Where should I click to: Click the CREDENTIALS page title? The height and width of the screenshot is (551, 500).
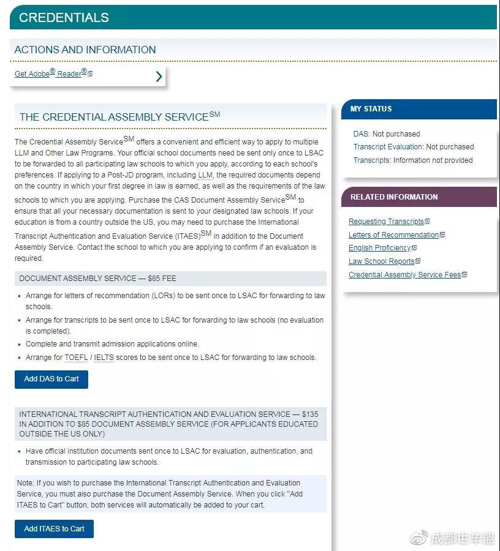click(x=64, y=18)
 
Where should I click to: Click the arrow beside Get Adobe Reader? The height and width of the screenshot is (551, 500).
click(x=159, y=76)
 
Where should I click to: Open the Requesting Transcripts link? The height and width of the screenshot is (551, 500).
click(x=386, y=222)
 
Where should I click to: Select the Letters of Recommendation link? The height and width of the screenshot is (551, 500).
click(x=393, y=235)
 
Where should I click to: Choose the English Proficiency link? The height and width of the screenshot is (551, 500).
click(x=379, y=248)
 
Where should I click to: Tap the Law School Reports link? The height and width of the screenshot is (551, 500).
click(x=381, y=261)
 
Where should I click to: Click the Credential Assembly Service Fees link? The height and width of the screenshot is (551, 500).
click(x=404, y=275)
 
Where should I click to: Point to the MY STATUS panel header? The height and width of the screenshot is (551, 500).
click(x=371, y=109)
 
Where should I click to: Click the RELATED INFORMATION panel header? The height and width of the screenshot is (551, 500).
click(x=394, y=197)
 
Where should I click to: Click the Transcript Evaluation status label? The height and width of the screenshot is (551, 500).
click(x=388, y=147)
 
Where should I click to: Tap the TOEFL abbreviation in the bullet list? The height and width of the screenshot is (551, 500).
click(x=76, y=358)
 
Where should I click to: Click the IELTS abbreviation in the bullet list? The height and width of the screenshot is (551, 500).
click(x=104, y=358)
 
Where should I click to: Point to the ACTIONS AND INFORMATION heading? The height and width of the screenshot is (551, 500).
click(x=85, y=50)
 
